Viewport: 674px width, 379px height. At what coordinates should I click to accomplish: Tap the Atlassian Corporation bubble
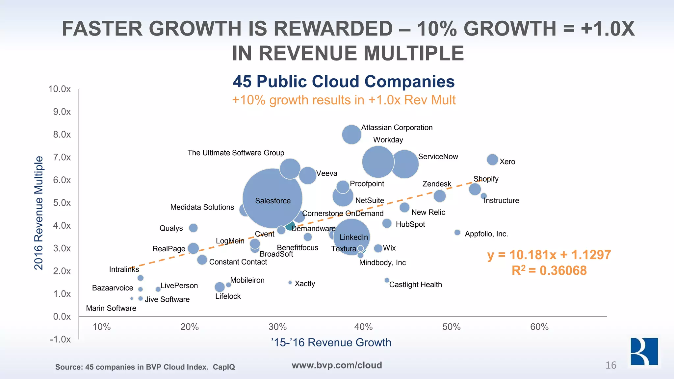351,134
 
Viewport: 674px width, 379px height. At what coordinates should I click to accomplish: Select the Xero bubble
492,160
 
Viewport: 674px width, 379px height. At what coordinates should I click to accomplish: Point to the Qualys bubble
193,228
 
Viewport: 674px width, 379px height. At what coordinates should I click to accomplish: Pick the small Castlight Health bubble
387,280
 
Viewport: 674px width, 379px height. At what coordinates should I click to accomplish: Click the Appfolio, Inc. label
486,234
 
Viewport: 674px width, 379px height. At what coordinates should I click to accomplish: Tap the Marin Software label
111,308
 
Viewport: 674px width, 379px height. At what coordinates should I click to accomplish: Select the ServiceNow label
438,157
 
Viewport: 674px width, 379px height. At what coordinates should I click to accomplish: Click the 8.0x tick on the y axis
62,135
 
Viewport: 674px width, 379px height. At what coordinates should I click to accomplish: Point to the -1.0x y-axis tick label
60,339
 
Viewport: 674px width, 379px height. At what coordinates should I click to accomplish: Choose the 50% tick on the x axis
451,327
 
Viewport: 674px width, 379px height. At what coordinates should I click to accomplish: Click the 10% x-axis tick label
102,327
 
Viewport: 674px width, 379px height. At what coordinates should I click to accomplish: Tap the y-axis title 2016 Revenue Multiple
39,213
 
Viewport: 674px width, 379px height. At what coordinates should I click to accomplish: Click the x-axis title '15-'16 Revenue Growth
331,342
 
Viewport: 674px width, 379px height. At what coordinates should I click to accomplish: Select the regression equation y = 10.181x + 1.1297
549,255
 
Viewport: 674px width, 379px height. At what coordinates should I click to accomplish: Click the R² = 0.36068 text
549,270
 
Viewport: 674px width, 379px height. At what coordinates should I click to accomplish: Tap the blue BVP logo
644,352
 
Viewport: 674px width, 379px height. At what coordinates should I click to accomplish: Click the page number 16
611,365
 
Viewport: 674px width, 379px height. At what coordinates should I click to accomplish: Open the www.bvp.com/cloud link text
337,365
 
